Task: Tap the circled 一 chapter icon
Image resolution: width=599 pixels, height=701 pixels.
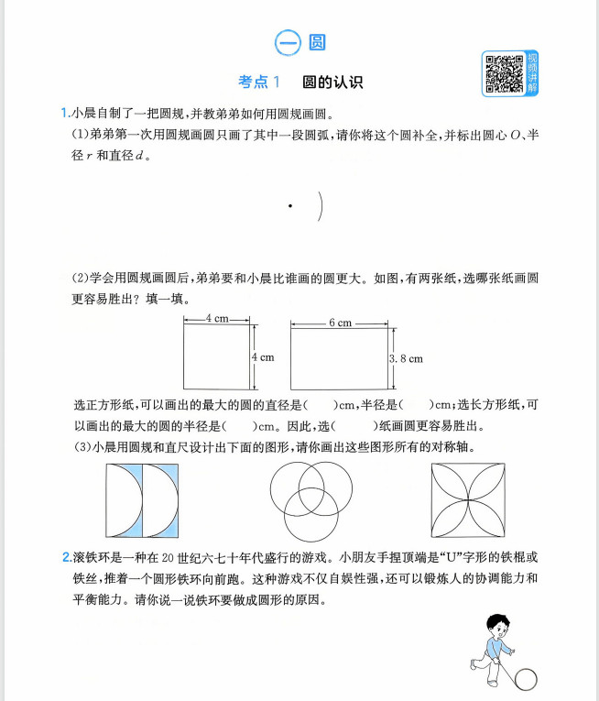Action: tap(287, 42)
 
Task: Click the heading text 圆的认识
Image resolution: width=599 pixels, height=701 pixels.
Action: tap(333, 82)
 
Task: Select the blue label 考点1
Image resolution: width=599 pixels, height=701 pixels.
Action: tap(259, 82)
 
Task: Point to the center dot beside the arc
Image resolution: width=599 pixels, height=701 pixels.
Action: tap(290, 207)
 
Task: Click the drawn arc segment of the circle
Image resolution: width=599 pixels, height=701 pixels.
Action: tap(321, 207)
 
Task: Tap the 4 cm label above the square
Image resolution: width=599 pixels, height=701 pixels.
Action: tap(217, 318)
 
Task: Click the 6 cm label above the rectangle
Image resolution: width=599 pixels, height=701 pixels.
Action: tap(340, 323)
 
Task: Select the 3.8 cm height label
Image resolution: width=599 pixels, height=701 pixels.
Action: tap(407, 358)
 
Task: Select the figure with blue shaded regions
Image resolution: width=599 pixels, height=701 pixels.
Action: tap(142, 499)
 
